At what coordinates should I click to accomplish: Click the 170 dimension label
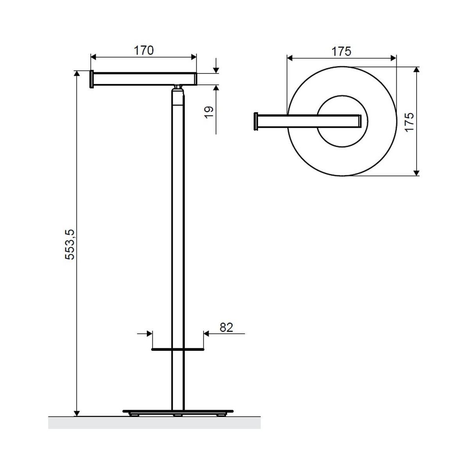coord(143,50)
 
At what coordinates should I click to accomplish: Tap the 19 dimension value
coord(209,113)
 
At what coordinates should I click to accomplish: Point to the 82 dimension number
coord(226,328)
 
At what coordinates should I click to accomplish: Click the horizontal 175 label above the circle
coord(342,51)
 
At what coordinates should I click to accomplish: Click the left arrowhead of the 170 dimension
coord(93,57)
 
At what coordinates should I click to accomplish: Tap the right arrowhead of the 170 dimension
coord(193,57)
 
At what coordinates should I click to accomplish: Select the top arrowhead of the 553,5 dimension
coord(77,73)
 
